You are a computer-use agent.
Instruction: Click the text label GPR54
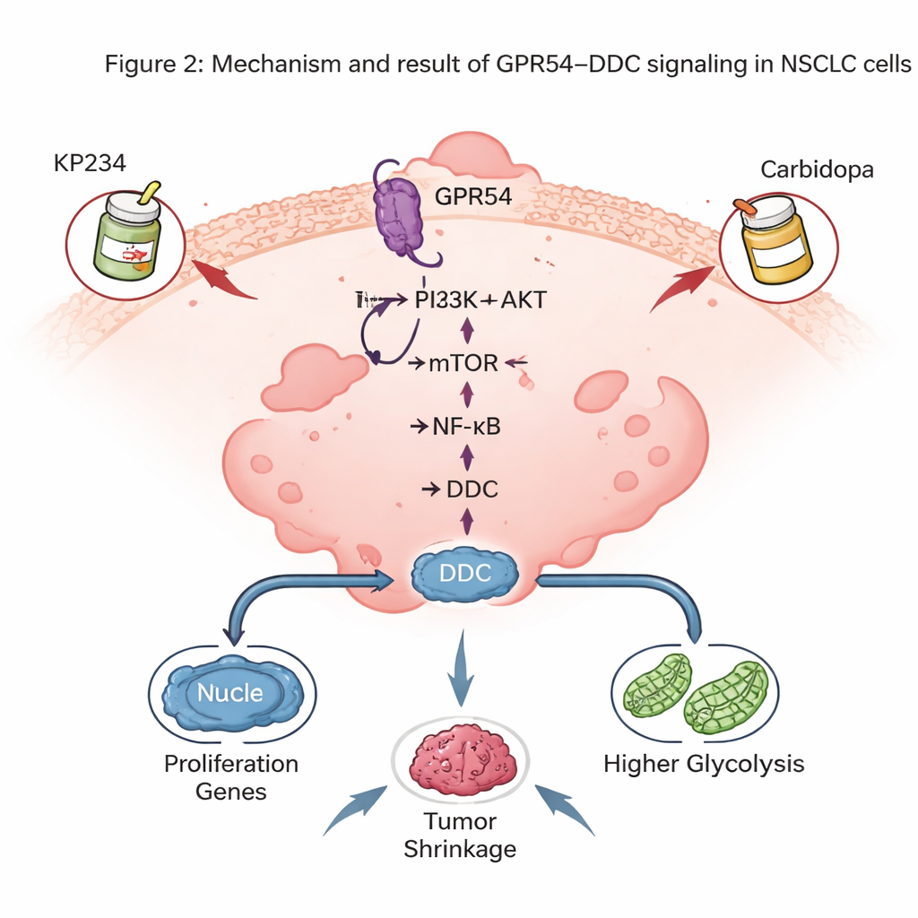tap(473, 195)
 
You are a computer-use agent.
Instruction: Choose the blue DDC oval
tap(466, 574)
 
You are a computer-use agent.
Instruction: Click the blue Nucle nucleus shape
tap(230, 693)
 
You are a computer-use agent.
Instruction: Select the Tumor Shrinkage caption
tap(461, 835)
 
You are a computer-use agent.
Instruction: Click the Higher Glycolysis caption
tap(704, 764)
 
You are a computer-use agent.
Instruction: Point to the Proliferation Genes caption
tap(231, 777)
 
